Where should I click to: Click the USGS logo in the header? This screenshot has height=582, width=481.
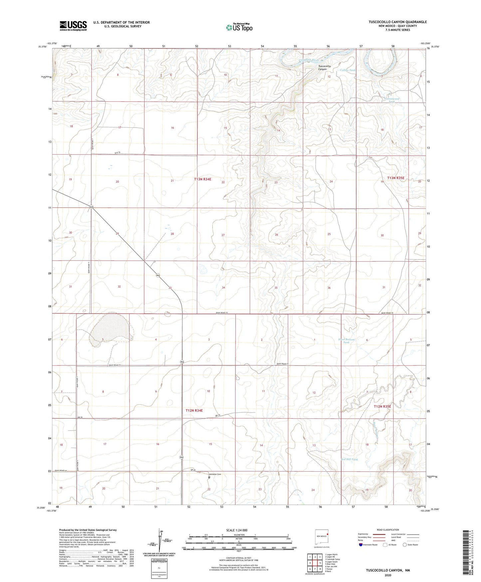click(x=73, y=25)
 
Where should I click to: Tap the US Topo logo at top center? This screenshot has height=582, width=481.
click(x=239, y=27)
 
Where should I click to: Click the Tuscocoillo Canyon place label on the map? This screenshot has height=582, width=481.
click(x=322, y=68)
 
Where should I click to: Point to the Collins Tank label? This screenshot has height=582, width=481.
click(x=348, y=70)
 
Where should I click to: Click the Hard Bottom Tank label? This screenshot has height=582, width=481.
click(x=347, y=341)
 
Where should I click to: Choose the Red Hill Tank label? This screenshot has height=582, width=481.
click(x=349, y=459)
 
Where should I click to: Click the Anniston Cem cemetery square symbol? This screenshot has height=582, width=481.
click(x=209, y=477)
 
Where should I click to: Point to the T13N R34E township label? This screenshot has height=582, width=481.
click(x=203, y=179)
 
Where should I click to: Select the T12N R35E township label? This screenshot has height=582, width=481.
click(x=382, y=407)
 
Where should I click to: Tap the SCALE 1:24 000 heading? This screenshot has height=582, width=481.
click(x=237, y=530)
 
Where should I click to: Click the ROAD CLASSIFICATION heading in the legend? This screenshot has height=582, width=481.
click(x=388, y=530)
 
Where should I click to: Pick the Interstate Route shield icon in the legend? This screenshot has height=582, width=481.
click(x=361, y=545)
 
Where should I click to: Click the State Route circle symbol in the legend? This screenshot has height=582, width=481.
click(x=404, y=545)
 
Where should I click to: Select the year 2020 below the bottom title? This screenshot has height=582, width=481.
click(x=388, y=575)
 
